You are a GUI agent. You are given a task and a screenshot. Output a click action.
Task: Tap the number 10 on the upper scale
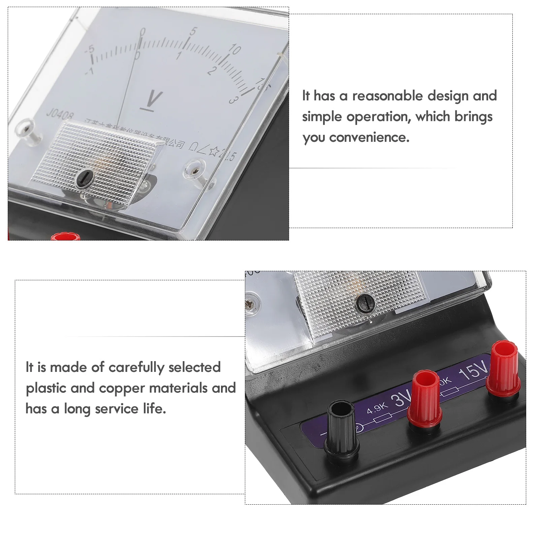click(234, 49)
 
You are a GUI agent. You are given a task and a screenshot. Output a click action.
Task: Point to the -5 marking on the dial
click(90, 50)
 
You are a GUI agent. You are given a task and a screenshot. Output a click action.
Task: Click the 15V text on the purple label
click(473, 371)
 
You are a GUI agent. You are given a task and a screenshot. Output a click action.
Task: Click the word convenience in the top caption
click(369, 137)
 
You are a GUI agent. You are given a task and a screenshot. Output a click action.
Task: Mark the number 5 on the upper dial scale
click(193, 31)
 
